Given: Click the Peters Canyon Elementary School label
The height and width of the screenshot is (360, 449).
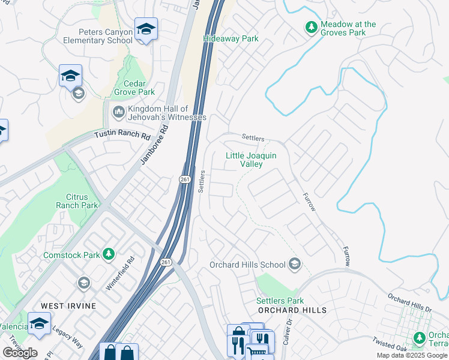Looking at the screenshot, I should coord(97,36).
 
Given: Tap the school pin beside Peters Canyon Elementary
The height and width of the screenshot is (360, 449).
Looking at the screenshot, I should coord(146,30).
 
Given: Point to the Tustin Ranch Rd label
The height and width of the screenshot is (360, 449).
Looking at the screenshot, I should coord(122,136).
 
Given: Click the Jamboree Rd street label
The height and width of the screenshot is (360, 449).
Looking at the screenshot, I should coord(152,148).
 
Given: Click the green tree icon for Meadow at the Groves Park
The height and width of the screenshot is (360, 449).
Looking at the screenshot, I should coord(311,27).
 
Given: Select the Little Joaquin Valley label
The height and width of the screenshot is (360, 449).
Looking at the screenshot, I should coord(251,160).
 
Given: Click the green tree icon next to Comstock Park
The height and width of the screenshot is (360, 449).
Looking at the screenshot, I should coord(109,255).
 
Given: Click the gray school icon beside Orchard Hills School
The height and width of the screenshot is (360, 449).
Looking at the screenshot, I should coord(294,264).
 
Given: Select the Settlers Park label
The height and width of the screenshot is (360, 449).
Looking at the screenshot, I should coord(280,301).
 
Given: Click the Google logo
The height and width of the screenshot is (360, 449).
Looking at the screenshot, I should coord(20,353).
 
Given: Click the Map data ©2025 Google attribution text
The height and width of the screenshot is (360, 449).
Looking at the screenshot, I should coord(412,355).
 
